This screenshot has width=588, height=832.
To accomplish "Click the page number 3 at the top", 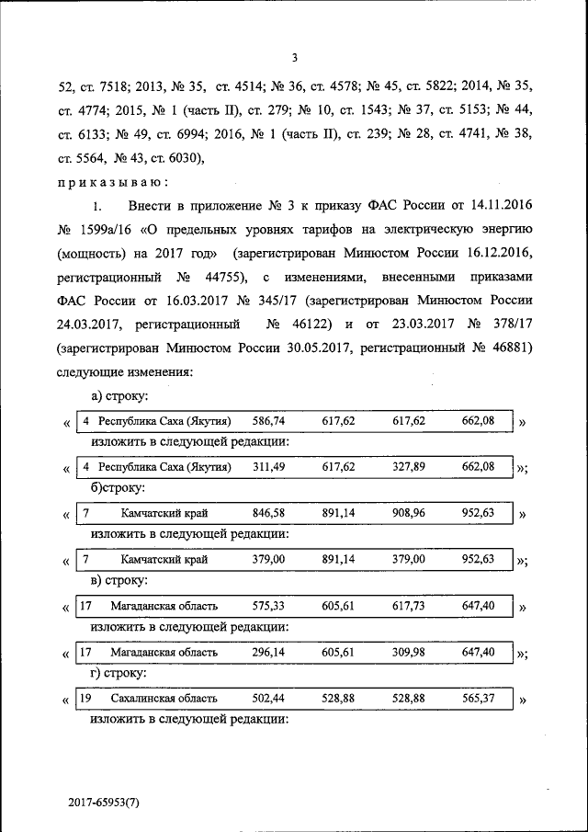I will (294, 58).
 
